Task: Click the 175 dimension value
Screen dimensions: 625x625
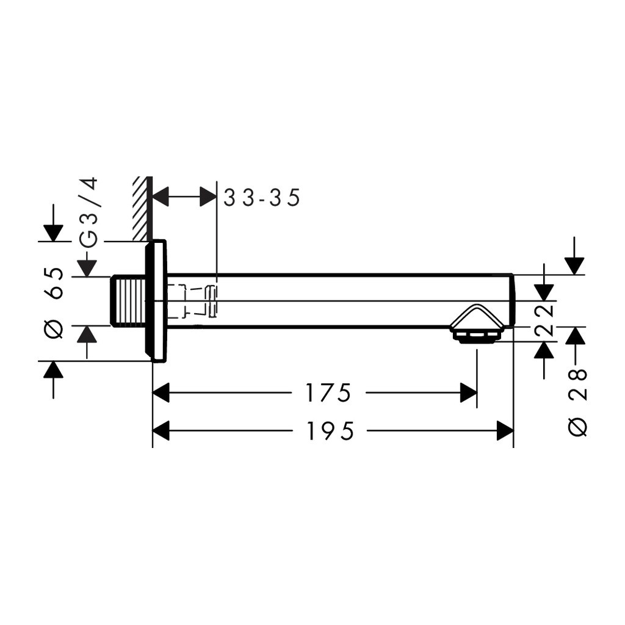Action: (328, 393)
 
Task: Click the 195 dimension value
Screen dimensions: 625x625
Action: (330, 432)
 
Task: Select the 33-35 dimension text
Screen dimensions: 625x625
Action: (261, 198)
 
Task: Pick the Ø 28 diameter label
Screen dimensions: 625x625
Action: (577, 402)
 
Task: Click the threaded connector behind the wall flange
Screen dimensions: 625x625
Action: (128, 302)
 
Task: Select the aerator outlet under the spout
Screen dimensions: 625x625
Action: (476, 334)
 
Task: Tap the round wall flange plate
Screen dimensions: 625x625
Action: (156, 302)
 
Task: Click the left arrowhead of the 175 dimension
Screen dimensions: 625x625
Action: (161, 393)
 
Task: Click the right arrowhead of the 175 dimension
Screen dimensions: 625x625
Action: (468, 393)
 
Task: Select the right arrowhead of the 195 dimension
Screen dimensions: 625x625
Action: (505, 431)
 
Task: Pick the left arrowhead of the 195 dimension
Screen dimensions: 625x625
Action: (161, 431)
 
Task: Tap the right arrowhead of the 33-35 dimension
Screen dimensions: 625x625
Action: (208, 197)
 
